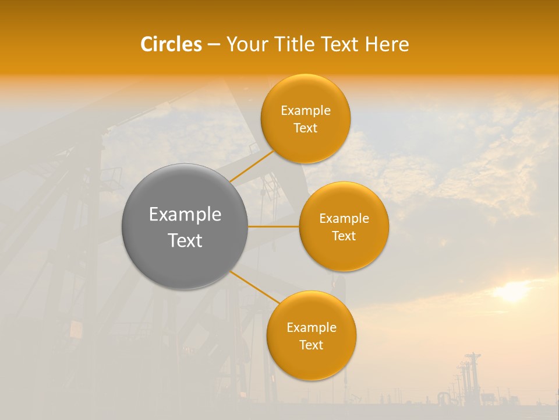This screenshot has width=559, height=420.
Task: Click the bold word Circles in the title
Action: (171, 44)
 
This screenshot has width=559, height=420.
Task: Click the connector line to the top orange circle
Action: (252, 167)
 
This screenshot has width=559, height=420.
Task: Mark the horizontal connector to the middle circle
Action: (274, 226)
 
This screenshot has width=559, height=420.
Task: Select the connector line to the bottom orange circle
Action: (254, 287)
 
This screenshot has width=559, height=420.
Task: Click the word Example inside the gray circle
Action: (185, 215)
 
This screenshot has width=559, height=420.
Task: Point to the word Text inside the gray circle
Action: (185, 240)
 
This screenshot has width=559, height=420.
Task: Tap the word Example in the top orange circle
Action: (306, 111)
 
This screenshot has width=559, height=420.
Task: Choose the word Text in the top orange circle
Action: (306, 128)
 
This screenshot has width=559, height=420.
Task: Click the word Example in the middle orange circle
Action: (344, 219)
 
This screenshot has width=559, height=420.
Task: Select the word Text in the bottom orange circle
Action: (311, 345)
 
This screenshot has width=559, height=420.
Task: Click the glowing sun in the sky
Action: (512, 291)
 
